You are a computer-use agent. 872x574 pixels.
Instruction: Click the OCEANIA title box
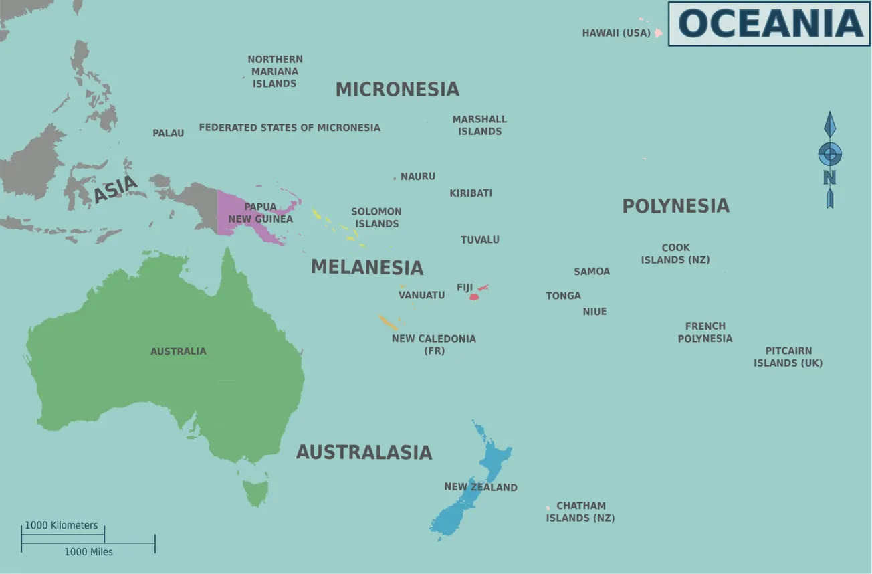click(x=769, y=23)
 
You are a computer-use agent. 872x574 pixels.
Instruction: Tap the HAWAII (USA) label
click(x=616, y=33)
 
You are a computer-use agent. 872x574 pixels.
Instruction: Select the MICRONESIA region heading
click(x=397, y=89)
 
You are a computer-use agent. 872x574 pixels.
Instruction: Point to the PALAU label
click(x=168, y=133)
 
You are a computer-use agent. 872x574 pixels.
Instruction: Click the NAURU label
click(x=417, y=177)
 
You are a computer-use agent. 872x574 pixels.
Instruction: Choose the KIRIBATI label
click(x=471, y=193)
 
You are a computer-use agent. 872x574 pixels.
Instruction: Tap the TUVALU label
click(x=479, y=240)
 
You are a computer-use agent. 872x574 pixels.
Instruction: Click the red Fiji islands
click(x=474, y=296)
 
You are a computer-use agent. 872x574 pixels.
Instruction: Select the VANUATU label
click(x=421, y=295)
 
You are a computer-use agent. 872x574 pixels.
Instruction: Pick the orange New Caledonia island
click(x=387, y=322)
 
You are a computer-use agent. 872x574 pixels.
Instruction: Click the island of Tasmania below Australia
click(x=255, y=492)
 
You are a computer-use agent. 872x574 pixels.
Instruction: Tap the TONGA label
click(x=563, y=296)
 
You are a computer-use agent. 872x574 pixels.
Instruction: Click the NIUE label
click(x=594, y=312)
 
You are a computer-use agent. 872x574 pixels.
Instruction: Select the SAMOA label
click(x=592, y=272)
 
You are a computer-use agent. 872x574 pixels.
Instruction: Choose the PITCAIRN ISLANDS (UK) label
click(x=788, y=357)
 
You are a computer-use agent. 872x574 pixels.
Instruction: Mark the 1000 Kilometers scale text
click(x=62, y=525)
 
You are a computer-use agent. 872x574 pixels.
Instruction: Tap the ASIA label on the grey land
click(x=115, y=189)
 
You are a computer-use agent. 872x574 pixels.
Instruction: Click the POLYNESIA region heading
click(x=675, y=206)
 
